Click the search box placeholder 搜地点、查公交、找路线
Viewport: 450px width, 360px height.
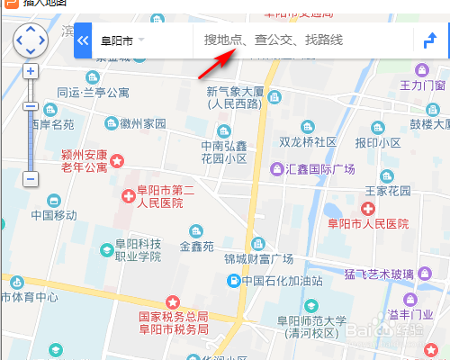tap(274, 40)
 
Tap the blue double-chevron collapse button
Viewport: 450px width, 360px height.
tap(83, 40)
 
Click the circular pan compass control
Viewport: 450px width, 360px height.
tap(30, 40)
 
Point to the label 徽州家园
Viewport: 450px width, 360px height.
tap(143, 122)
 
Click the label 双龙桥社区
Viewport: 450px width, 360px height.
tap(307, 142)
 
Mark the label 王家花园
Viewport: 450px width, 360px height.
tap(387, 191)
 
